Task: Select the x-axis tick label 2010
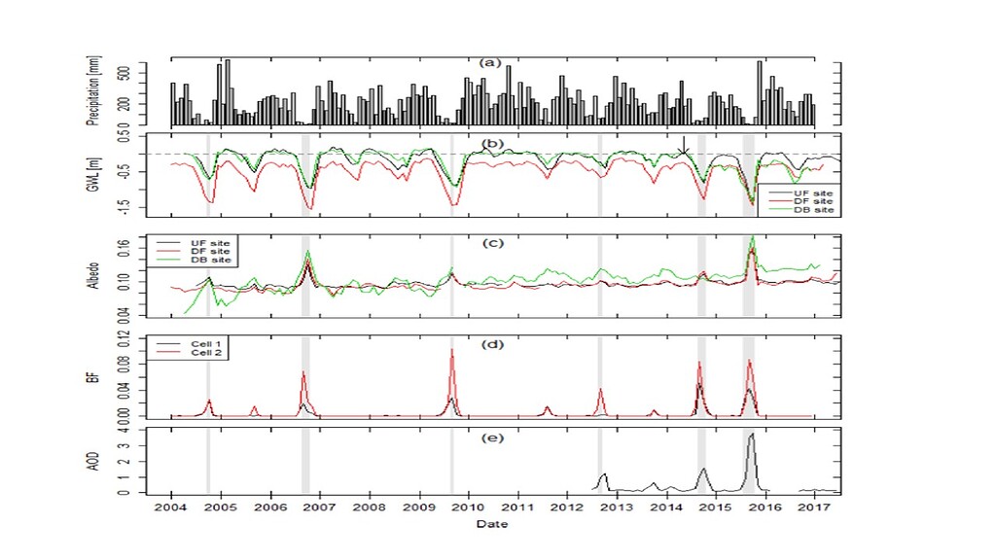(468, 508)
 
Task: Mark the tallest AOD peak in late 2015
(751, 435)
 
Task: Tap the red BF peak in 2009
(452, 350)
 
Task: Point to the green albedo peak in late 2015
(752, 237)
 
